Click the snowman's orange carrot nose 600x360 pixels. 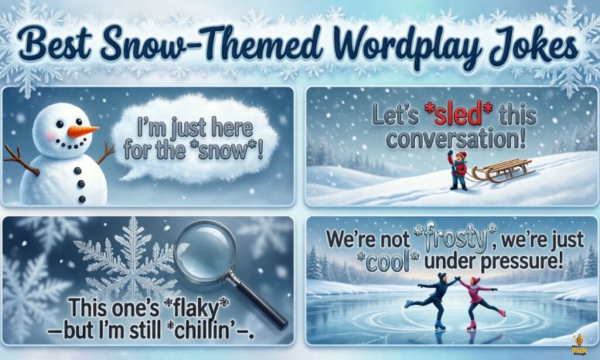click(x=83, y=130)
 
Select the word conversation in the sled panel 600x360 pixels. click(x=456, y=139)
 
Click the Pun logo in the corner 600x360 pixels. click(x=580, y=345)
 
